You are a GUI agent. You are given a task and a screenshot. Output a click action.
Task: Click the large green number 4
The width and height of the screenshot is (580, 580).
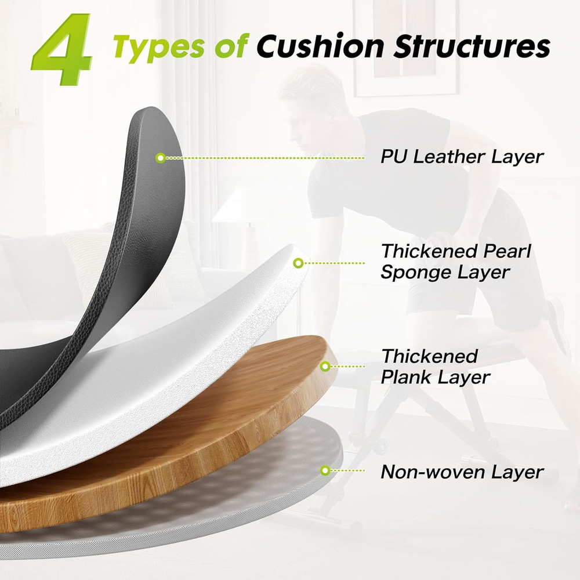click(63, 49)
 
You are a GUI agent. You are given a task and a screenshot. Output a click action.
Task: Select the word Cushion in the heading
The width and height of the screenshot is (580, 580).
click(320, 46)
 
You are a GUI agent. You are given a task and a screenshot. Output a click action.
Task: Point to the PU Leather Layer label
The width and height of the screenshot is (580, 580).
click(462, 157)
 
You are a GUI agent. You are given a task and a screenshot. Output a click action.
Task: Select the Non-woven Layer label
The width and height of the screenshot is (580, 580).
click(462, 472)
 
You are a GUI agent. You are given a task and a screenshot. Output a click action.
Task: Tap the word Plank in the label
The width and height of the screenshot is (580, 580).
click(405, 378)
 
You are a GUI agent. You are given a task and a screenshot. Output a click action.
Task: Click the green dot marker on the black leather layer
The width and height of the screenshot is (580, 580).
click(161, 158)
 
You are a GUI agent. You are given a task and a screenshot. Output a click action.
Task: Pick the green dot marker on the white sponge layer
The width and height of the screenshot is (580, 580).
click(298, 263)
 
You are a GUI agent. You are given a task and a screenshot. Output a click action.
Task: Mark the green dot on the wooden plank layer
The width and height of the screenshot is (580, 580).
click(325, 367)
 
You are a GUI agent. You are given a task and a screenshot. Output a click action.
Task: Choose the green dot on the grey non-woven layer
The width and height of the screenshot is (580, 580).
click(325, 470)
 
